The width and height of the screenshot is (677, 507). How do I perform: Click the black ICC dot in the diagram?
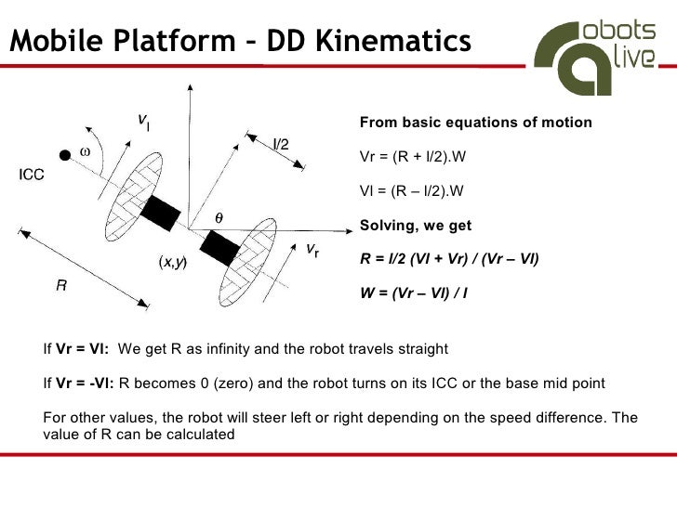(65, 153)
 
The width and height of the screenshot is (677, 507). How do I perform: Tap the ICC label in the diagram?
(33, 174)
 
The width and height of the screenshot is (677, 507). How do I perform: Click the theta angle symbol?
(219, 216)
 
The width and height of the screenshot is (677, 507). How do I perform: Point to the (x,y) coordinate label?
(172, 263)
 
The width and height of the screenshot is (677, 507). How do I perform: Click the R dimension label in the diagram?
(60, 287)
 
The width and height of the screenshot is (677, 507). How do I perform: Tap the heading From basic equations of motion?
(475, 123)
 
